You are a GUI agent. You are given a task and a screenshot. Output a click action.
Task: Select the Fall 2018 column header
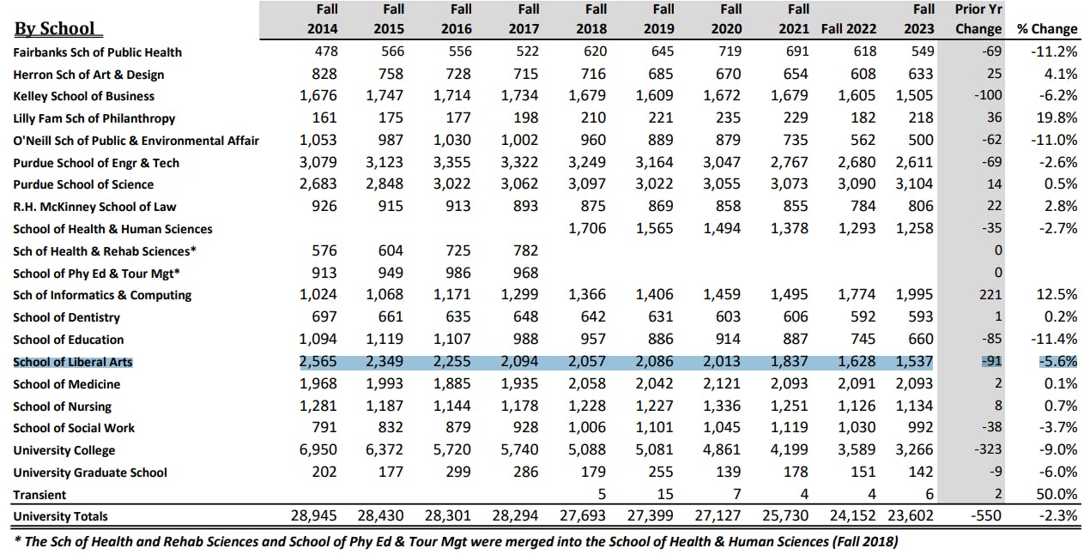click(595, 19)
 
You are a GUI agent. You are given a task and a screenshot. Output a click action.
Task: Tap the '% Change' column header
click(1046, 29)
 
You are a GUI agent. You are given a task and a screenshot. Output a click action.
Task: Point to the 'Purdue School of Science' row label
click(83, 184)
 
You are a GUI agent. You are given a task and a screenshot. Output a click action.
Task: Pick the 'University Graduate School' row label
click(90, 473)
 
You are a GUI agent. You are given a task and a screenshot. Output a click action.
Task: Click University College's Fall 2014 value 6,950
click(318, 450)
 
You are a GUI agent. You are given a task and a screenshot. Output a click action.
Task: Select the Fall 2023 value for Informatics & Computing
click(914, 295)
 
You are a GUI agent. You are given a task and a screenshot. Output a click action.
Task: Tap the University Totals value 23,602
click(912, 516)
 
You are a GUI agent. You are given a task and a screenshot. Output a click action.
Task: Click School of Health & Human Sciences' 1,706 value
click(587, 229)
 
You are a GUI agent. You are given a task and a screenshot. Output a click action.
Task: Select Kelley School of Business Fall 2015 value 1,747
click(385, 96)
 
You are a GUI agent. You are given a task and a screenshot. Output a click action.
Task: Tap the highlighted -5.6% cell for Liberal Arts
click(1057, 362)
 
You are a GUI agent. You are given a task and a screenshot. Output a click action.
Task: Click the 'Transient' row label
click(39, 495)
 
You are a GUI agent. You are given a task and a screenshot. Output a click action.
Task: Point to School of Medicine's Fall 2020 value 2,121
click(722, 384)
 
